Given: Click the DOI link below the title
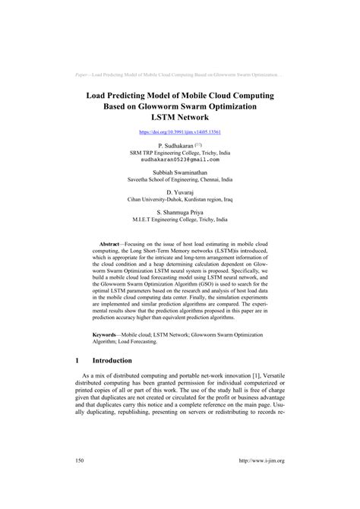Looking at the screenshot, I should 179,131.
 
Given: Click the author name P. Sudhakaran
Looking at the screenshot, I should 175,144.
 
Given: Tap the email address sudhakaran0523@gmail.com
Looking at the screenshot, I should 179,160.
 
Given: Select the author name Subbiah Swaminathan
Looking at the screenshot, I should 179,172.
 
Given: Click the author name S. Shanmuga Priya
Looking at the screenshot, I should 179,213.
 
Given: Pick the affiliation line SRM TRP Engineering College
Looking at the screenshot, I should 179,152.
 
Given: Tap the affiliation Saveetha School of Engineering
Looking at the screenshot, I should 179,180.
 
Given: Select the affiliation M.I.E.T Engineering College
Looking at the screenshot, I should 179,220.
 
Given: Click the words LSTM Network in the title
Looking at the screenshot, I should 179,119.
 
